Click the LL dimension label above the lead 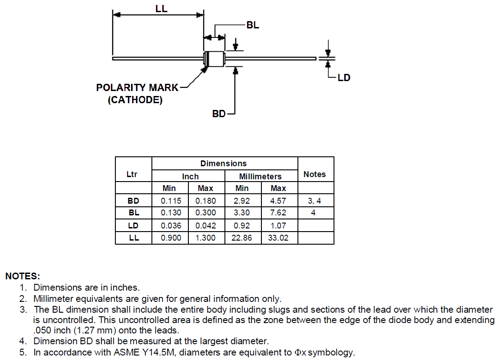(x=161, y=8)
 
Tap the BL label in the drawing (x=253, y=25)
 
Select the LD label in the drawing (x=344, y=77)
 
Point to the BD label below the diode (x=219, y=114)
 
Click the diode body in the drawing (x=215, y=58)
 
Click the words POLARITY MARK (x=137, y=88)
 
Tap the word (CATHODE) (x=135, y=100)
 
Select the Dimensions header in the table (x=224, y=164)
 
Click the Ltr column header (x=132, y=174)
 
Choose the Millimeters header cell (x=261, y=176)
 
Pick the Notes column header (x=315, y=174)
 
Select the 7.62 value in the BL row (x=278, y=213)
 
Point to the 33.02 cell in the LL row (x=278, y=238)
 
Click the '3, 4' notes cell (x=315, y=201)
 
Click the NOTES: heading (x=23, y=276)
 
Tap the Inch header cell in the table (x=190, y=176)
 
